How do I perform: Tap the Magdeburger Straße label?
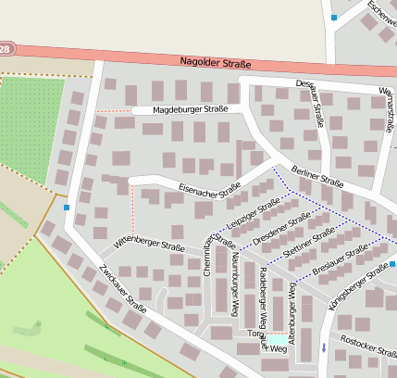tap(190, 109)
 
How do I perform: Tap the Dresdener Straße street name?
tap(282, 229)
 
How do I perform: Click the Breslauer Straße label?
tap(340, 258)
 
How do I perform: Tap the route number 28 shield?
tap(6, 48)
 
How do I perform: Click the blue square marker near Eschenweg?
tap(333, 17)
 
